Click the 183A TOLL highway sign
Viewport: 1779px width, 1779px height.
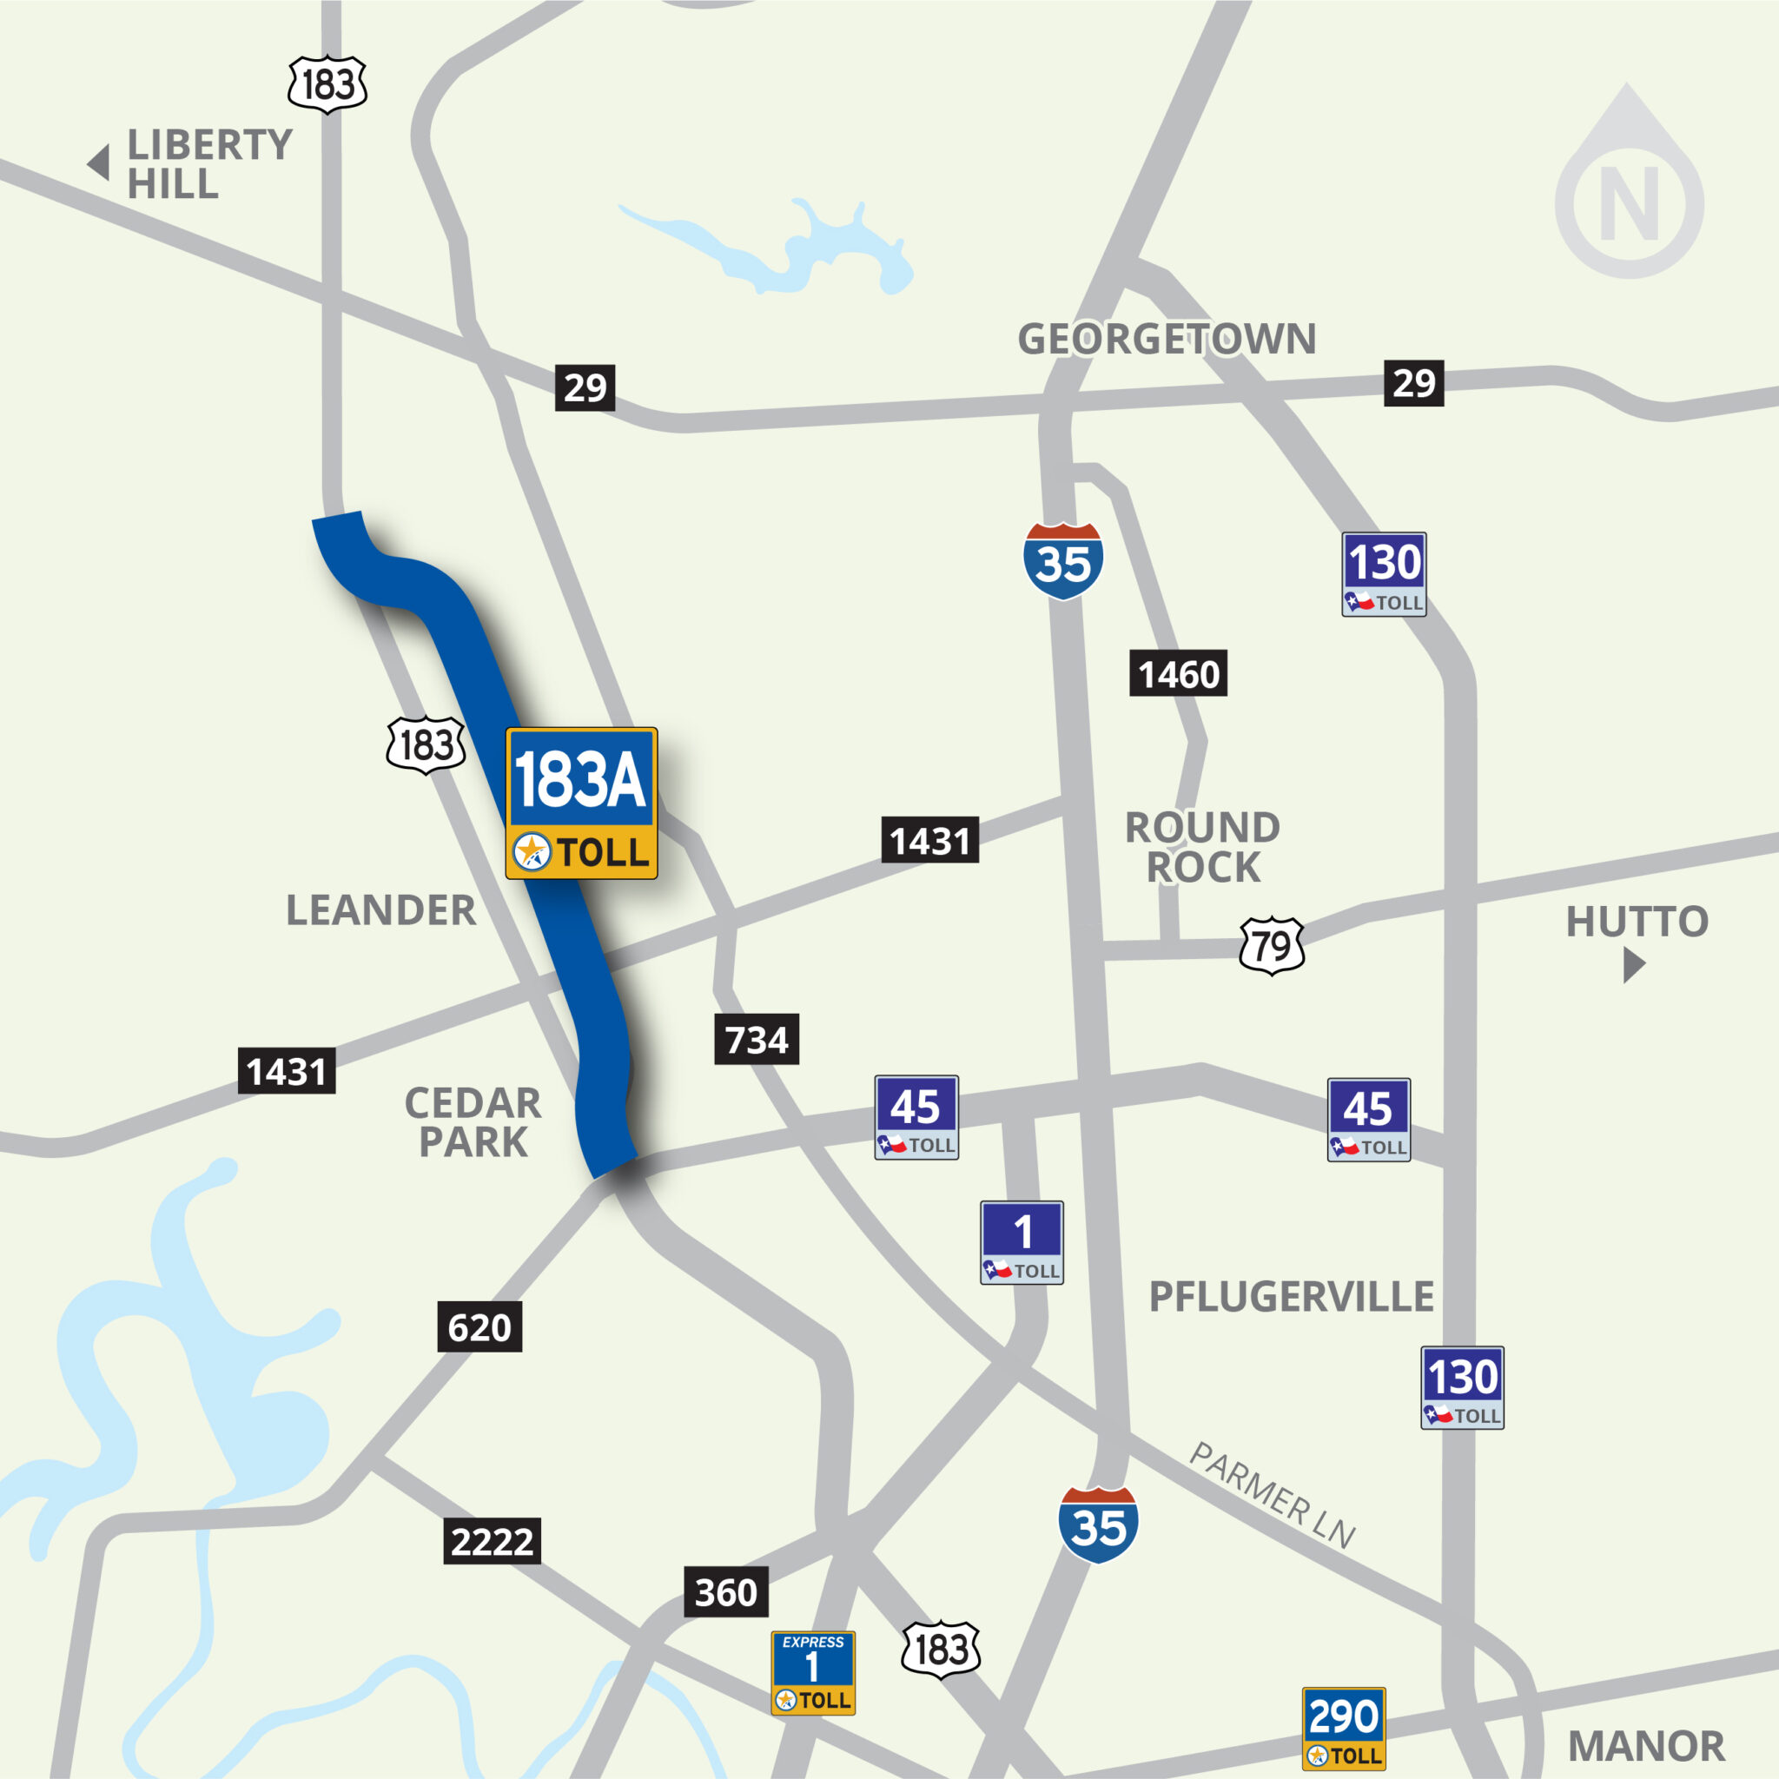pos(581,803)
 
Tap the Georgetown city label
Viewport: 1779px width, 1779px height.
pos(1166,339)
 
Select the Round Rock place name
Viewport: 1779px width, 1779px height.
pos(1202,847)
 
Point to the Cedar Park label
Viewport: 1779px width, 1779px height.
pos(473,1121)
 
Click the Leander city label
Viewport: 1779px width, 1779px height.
pos(381,910)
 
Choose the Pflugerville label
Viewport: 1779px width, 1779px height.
pos(1291,1297)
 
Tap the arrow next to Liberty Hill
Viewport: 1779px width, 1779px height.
pos(98,163)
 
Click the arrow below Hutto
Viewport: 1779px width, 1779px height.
pos(1634,965)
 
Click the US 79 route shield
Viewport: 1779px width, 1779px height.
pos(1272,946)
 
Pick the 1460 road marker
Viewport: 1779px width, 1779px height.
pos(1178,674)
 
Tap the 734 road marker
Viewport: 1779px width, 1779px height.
pos(756,1040)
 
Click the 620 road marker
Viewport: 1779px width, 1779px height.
pos(479,1327)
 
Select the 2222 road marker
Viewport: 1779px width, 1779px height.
pos(492,1540)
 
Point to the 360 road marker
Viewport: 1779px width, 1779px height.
pos(725,1592)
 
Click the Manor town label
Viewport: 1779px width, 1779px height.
pos(1646,1746)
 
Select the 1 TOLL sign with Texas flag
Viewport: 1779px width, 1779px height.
pos(1022,1242)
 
